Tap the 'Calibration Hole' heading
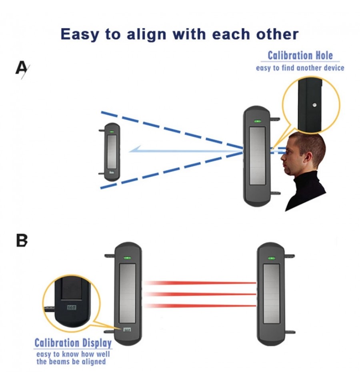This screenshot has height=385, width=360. tap(300, 56)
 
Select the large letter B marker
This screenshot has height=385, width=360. tap(22, 240)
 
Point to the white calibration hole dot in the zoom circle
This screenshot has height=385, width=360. tap(314, 105)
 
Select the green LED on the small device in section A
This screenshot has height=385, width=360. tap(112, 132)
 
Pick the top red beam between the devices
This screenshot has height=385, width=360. tap(200, 283)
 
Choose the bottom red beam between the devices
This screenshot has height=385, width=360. tap(200, 306)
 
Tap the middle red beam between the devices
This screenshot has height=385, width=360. tap(200, 294)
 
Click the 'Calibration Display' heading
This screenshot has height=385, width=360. tap(73, 343)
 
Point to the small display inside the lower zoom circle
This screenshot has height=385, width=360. tap(72, 307)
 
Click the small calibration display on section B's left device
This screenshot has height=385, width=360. tap(127, 330)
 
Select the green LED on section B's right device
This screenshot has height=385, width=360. tap(272, 258)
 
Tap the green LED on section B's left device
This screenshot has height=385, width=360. tap(127, 258)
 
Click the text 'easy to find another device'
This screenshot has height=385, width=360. tap(300, 68)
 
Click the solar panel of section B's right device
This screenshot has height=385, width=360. tap(272, 294)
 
